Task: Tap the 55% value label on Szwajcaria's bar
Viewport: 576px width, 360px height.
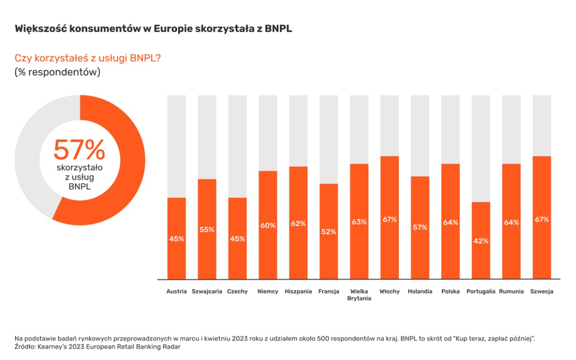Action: tap(207, 229)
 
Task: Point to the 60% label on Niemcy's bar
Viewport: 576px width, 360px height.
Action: tap(268, 225)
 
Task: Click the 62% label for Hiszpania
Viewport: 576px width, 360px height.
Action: tap(298, 223)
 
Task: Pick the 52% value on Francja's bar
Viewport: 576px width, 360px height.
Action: tap(329, 231)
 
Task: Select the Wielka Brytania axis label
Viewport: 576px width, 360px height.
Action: tap(360, 295)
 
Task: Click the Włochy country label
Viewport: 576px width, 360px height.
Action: tap(389, 291)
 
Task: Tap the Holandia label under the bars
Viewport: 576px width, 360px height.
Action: tap(420, 291)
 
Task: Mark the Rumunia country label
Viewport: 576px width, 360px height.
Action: tap(511, 291)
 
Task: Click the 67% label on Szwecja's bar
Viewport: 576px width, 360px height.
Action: tap(542, 219)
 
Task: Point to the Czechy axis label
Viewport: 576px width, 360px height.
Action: tap(238, 291)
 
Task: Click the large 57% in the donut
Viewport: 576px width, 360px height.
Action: tap(79, 150)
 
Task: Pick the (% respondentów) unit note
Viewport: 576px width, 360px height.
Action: tap(57, 72)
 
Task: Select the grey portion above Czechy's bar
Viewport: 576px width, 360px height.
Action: tap(238, 144)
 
